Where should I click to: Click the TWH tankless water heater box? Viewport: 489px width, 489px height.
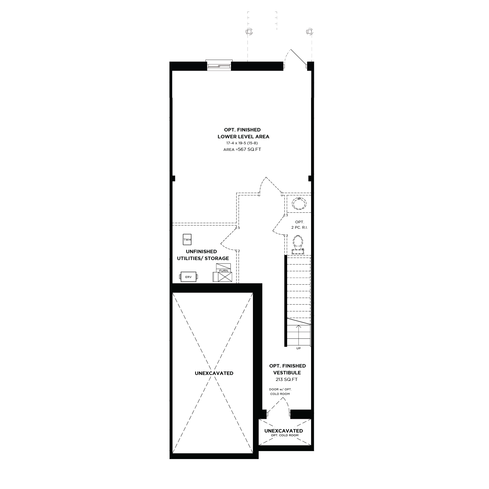[x=187, y=240]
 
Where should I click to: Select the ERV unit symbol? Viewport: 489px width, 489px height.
[x=188, y=277]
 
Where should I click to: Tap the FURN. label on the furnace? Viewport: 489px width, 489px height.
[x=224, y=271]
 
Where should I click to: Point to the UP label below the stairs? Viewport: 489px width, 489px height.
[x=299, y=348]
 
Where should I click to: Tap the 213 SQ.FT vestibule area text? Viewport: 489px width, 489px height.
[x=287, y=380]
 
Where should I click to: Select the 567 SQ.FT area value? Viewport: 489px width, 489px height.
[x=249, y=149]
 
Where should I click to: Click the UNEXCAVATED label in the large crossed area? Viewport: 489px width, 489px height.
[x=214, y=373]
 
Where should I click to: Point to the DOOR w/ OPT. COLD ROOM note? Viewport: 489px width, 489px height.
[x=280, y=391]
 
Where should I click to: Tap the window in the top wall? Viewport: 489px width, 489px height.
[x=219, y=65]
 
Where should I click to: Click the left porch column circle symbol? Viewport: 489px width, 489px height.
[x=249, y=31]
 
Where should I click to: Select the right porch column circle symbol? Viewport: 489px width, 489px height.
[x=310, y=31]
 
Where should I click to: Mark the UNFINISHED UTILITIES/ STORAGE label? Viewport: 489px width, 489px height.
[x=203, y=255]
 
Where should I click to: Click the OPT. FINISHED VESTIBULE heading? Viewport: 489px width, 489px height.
[x=287, y=369]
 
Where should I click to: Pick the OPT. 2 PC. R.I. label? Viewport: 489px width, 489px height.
[x=299, y=225]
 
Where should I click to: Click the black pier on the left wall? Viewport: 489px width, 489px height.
[x=173, y=178]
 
